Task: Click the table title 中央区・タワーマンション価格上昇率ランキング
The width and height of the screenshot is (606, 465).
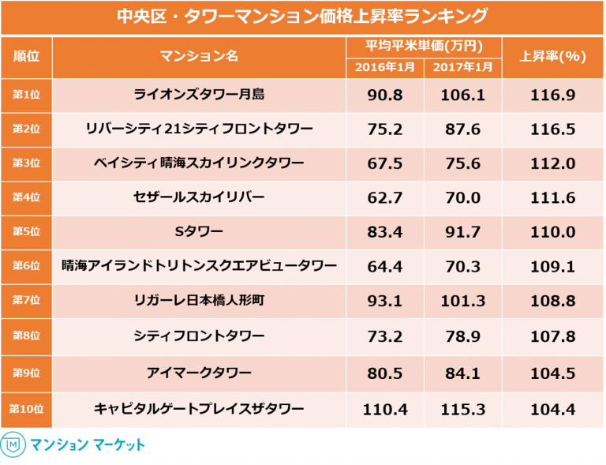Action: click(x=302, y=16)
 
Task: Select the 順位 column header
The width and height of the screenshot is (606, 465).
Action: click(x=26, y=56)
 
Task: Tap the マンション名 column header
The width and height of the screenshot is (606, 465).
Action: click(x=199, y=56)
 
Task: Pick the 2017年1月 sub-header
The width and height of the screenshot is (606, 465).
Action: click(x=462, y=67)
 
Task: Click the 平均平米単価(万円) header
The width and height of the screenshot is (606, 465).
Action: click(x=424, y=46)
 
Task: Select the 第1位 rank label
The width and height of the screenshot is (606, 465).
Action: click(x=26, y=95)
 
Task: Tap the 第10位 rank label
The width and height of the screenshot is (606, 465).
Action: click(x=26, y=409)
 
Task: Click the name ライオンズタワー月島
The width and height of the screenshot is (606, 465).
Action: click(x=199, y=95)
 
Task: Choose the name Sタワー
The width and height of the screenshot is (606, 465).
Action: click(x=199, y=231)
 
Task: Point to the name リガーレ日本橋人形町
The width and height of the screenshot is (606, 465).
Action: click(x=199, y=300)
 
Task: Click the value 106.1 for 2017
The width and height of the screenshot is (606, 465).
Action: click(x=462, y=95)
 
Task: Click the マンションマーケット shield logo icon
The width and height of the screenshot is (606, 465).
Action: click(x=13, y=444)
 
